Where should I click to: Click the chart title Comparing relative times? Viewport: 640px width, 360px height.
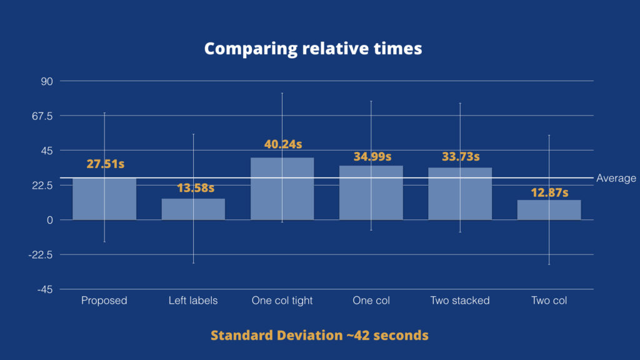(313, 48)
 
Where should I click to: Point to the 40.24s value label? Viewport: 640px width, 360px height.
(283, 144)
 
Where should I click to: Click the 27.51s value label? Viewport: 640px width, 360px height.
(105, 164)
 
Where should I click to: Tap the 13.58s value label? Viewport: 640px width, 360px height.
(195, 187)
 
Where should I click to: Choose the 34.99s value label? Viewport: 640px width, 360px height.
(372, 156)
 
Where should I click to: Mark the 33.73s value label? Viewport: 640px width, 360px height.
(460, 156)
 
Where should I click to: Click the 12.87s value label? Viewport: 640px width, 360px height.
(549, 192)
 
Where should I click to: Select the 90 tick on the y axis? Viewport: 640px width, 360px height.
(47, 81)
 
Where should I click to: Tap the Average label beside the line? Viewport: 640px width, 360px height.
(616, 179)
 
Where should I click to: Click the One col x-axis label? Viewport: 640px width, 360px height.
(371, 301)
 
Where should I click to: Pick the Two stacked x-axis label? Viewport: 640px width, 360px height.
(460, 301)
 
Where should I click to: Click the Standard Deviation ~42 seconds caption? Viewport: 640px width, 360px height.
(319, 336)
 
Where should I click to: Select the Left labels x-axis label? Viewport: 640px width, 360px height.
(193, 301)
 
